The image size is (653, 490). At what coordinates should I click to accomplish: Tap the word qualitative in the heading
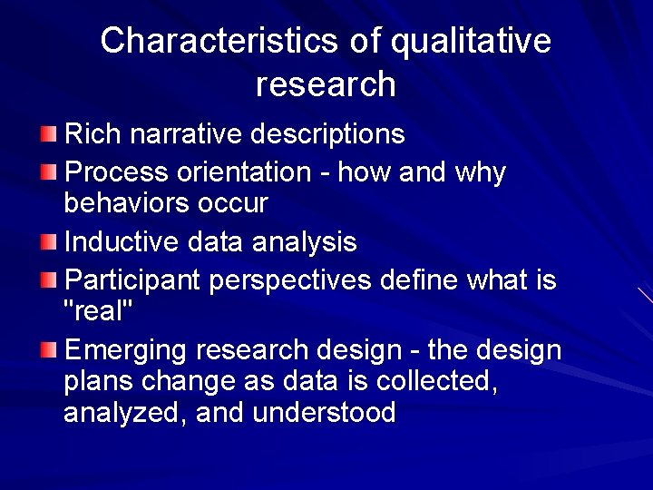pos(471,41)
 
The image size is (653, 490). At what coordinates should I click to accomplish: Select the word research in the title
pos(326,83)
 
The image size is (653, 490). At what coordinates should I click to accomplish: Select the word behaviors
pos(126,202)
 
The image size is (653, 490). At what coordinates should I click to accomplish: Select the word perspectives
pos(290,279)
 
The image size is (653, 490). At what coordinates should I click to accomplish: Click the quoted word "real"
pos(99,310)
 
